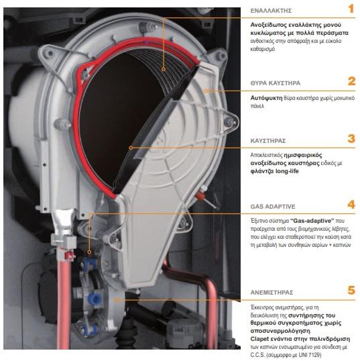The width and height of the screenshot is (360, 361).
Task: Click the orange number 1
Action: pos(351,9)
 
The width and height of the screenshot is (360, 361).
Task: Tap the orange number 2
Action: pos(351,81)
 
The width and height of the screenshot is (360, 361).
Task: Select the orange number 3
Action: pos(351,139)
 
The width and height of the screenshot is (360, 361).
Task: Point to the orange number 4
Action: pos(351,205)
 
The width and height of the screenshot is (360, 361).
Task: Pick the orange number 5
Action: pos(351,291)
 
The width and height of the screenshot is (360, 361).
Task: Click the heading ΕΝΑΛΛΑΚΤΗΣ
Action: pos(271,11)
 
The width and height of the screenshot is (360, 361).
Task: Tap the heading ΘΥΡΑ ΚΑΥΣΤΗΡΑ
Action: pos(276,83)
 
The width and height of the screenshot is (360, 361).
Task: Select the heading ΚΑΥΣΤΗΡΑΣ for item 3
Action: pos(268,141)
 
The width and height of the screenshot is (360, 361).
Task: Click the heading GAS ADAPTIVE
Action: pos(273,207)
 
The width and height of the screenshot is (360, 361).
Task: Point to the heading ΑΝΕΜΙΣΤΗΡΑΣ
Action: pos(272,293)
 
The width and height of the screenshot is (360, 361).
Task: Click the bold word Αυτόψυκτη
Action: pos(266,98)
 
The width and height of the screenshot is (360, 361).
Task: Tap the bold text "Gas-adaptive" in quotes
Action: pos(312,221)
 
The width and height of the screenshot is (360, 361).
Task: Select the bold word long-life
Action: pos(288,171)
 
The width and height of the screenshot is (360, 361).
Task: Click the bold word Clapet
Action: pos(259,339)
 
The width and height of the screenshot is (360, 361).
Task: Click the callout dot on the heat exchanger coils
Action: pos(164,69)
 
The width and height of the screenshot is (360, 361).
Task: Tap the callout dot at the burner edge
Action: pos(131,148)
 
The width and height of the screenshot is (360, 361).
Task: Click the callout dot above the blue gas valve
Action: pos(89,252)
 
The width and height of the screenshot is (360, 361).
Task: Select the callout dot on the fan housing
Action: pos(117,300)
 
